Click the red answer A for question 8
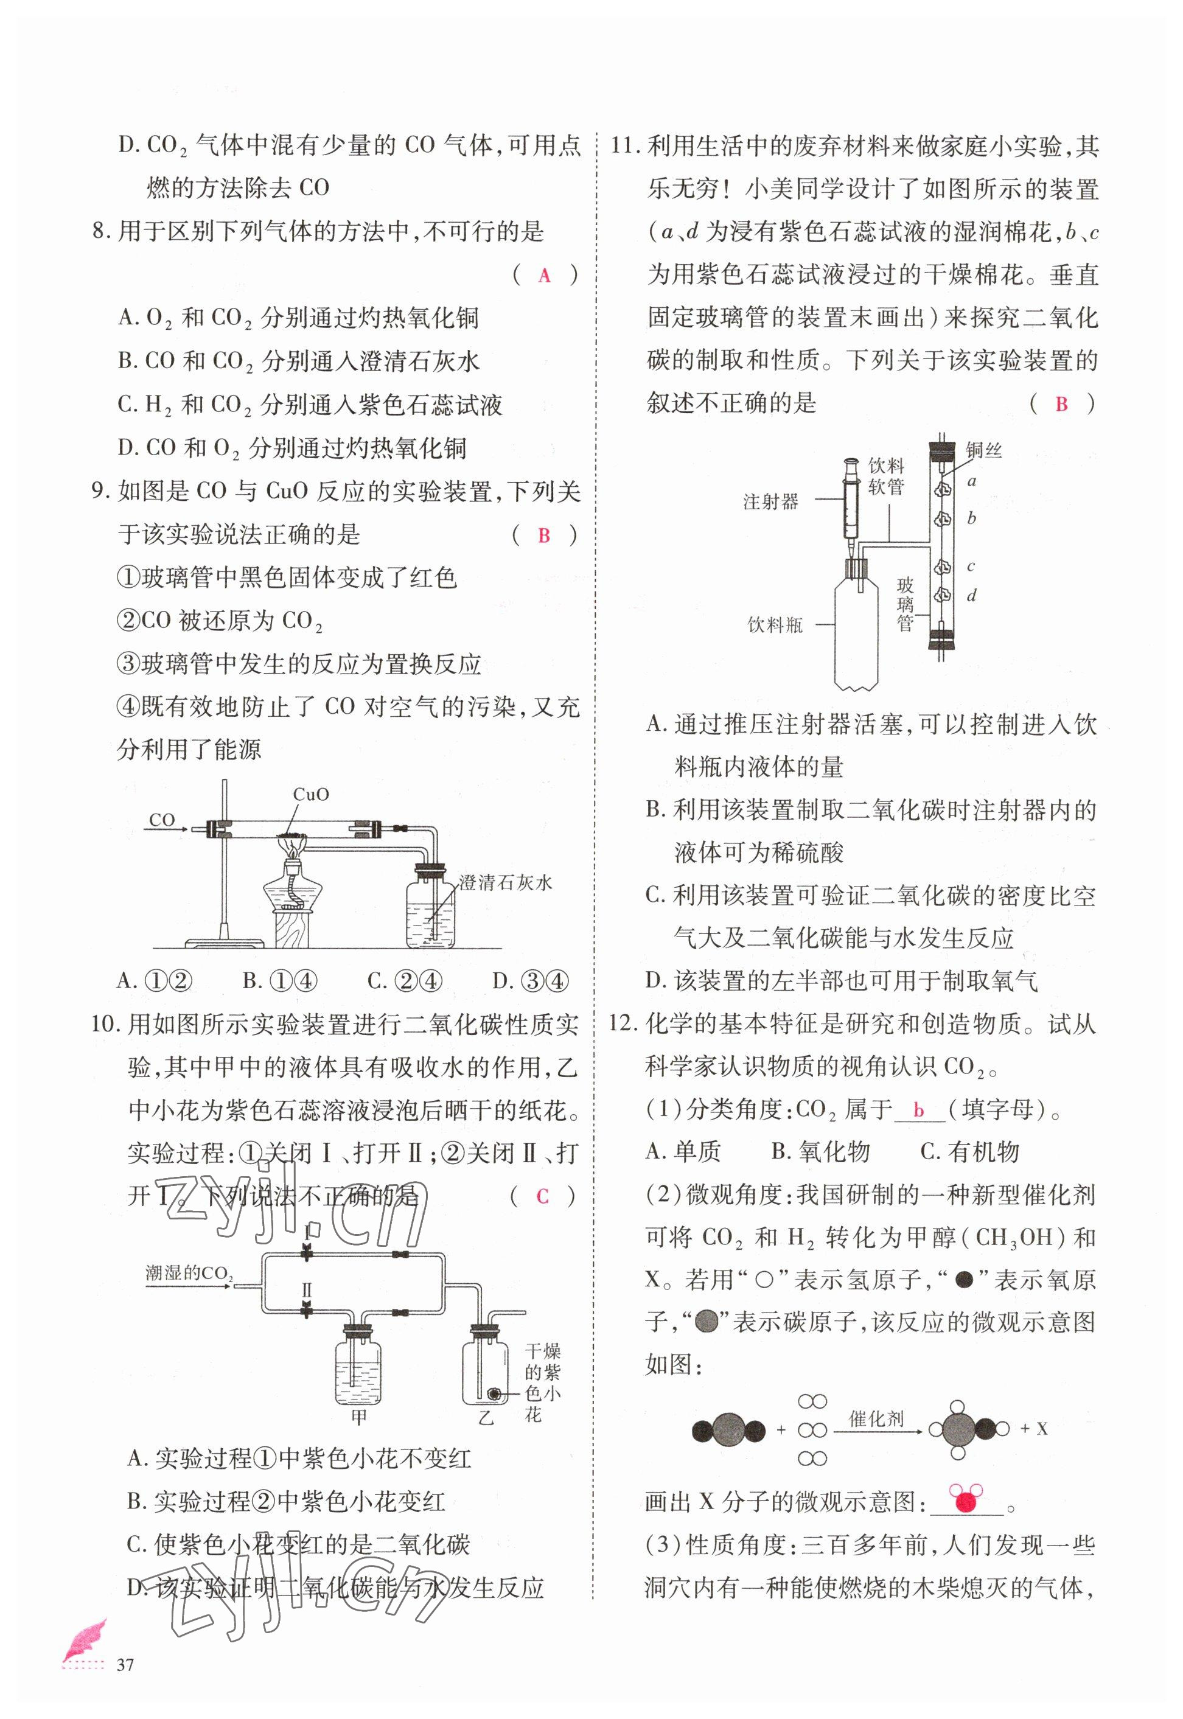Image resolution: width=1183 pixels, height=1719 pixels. (545, 276)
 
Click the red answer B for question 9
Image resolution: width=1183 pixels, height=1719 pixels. (544, 535)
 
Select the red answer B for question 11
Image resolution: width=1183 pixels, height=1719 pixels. (1061, 404)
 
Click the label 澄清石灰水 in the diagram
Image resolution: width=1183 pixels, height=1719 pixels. (506, 882)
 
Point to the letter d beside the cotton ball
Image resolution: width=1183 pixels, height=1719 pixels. (972, 595)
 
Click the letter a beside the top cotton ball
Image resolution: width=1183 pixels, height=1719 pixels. (972, 481)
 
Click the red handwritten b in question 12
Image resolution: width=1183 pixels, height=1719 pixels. (919, 1110)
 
